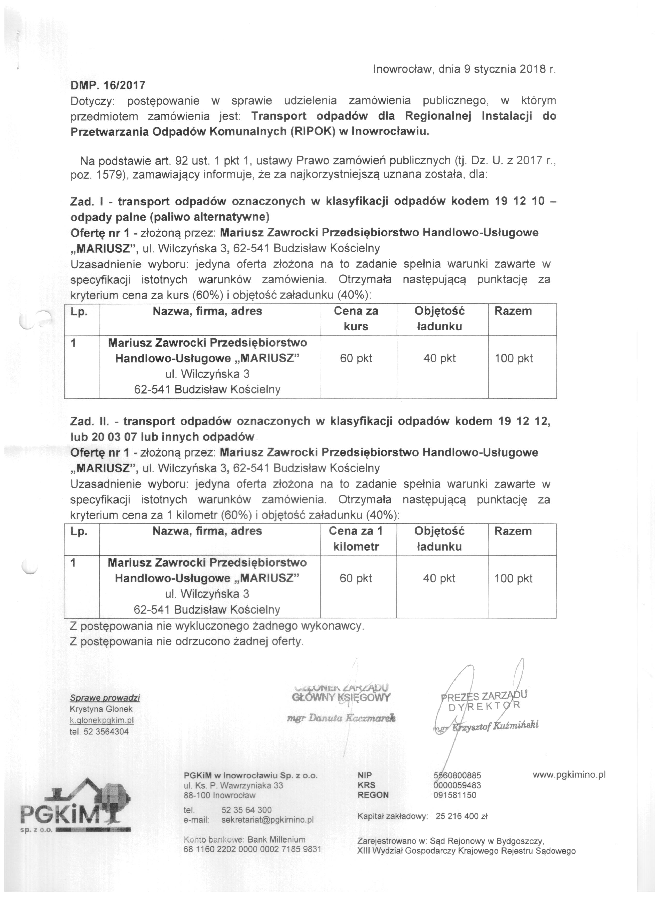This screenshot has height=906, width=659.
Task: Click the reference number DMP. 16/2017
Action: (x=108, y=85)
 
